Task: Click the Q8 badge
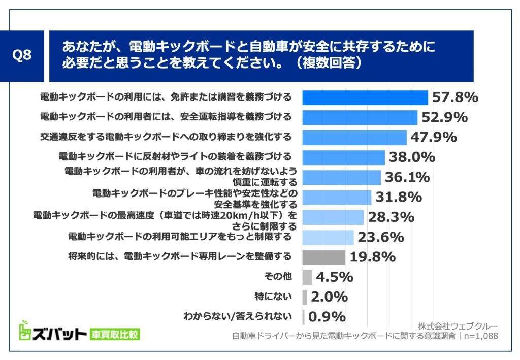(21, 56)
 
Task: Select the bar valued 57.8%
(365, 97)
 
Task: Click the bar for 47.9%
(354, 138)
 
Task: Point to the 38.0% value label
(412, 157)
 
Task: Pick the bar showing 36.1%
(341, 177)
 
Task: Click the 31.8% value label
(399, 197)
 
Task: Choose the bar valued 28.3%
(333, 217)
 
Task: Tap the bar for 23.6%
(328, 237)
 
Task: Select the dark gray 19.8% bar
(323, 257)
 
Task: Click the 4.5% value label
(335, 277)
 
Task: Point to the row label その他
(278, 277)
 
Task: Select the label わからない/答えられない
(238, 316)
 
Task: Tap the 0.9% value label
(327, 317)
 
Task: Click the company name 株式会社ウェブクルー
(458, 326)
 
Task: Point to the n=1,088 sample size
(480, 336)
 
